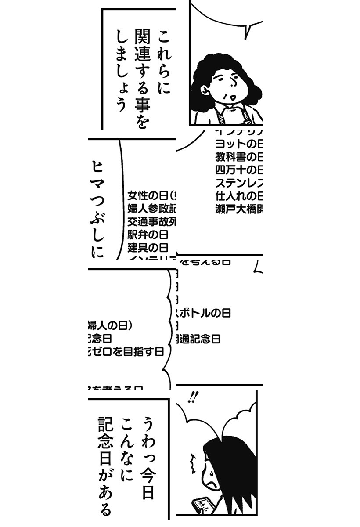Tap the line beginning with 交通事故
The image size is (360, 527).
(x=151, y=221)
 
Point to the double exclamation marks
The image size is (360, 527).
(x=192, y=397)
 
